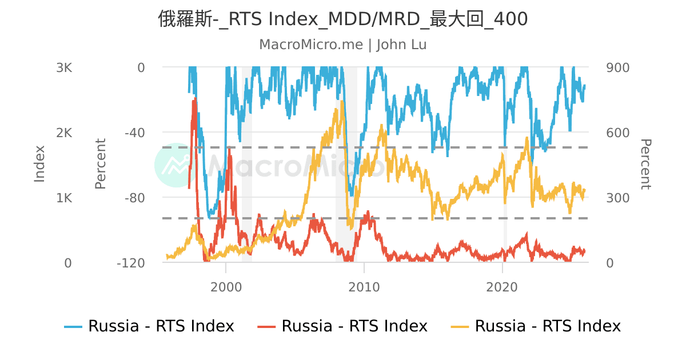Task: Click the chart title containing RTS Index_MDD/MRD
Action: (x=343, y=19)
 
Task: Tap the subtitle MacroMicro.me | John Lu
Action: (x=343, y=45)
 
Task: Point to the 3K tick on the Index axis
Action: (x=64, y=67)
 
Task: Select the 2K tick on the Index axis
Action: (x=64, y=133)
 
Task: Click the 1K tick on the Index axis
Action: (x=64, y=198)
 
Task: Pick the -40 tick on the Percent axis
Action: (x=134, y=133)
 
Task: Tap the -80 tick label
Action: (x=134, y=198)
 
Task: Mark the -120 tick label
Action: (x=131, y=263)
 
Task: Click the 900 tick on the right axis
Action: (x=617, y=67)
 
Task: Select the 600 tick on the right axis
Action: (x=617, y=133)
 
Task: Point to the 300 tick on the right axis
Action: (x=617, y=198)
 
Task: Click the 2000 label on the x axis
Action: (x=226, y=286)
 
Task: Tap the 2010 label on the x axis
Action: (x=364, y=286)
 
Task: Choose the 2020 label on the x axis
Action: (x=502, y=286)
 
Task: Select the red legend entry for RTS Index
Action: (x=354, y=326)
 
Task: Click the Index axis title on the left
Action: (x=39, y=164)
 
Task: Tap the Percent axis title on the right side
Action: (x=645, y=164)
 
